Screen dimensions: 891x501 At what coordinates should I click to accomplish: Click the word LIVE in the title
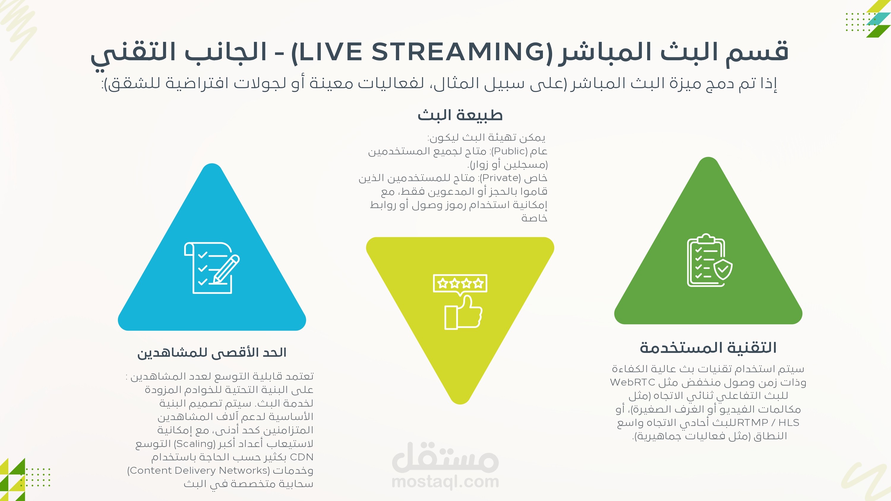click(x=330, y=52)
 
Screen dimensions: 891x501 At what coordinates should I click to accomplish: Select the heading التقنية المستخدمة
click(x=708, y=348)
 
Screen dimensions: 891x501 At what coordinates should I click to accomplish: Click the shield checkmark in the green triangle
click(x=723, y=270)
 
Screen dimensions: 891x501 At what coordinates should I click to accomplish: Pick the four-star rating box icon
click(x=460, y=285)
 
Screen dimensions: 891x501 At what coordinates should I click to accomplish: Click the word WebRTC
click(x=633, y=382)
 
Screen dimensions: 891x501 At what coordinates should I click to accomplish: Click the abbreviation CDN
click(x=302, y=457)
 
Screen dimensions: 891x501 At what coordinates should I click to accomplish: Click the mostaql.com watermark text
click(x=445, y=482)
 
